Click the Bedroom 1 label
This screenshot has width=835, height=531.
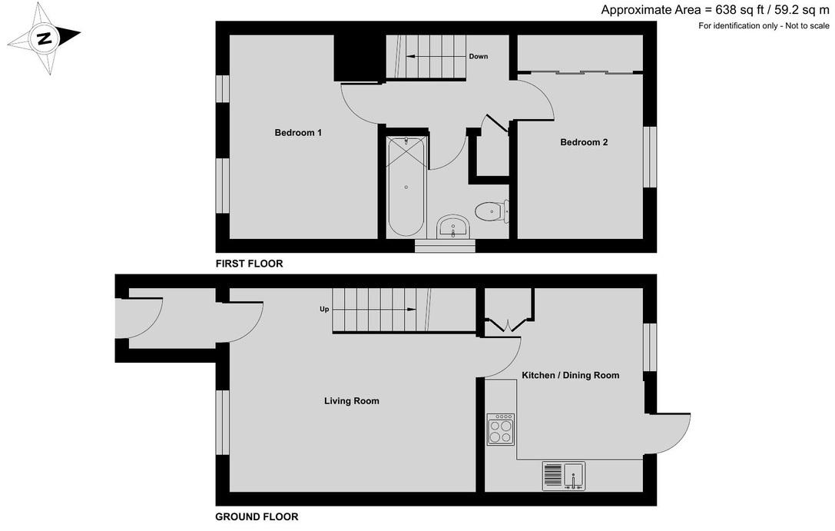pyautogui.click(x=298, y=133)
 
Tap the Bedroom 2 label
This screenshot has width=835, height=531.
pyautogui.click(x=584, y=142)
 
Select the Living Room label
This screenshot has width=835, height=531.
pyautogui.click(x=352, y=401)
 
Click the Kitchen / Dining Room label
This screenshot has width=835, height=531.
pyautogui.click(x=570, y=376)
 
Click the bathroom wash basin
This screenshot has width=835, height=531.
pyautogui.click(x=452, y=227)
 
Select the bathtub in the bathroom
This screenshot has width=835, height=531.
pyautogui.click(x=406, y=186)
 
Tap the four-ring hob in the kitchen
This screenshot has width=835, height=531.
pyautogui.click(x=501, y=430)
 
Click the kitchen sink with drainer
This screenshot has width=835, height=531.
pyautogui.click(x=563, y=476)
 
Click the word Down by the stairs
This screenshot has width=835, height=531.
pyautogui.click(x=479, y=56)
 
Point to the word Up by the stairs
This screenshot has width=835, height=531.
pyautogui.click(x=324, y=310)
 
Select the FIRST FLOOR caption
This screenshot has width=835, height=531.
pyautogui.click(x=249, y=264)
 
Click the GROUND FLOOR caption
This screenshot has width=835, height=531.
pyautogui.click(x=257, y=516)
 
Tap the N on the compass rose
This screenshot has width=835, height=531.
pyautogui.click(x=45, y=38)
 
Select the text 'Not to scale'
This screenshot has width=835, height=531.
pyautogui.click(x=804, y=25)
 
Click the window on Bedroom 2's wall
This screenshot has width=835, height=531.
pyautogui.click(x=650, y=157)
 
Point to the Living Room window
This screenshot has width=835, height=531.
pyautogui.click(x=223, y=423)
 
